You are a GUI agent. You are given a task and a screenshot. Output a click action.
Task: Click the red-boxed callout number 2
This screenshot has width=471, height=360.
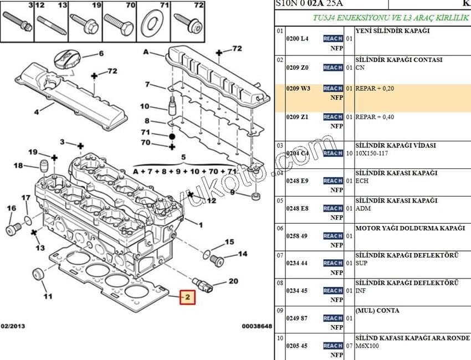[187, 298]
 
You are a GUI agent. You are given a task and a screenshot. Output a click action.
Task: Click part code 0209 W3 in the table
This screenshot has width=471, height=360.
[298, 88]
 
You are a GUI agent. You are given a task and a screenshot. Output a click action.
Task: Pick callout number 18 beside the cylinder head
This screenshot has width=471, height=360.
[18, 165]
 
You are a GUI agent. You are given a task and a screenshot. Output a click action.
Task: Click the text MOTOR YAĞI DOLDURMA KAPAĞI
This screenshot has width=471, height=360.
[409, 228]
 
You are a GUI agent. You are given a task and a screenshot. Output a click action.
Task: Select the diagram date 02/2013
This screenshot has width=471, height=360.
[12, 326]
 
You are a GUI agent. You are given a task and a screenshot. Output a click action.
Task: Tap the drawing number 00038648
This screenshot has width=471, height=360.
[257, 326]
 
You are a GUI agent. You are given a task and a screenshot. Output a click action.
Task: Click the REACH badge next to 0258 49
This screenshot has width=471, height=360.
[332, 236]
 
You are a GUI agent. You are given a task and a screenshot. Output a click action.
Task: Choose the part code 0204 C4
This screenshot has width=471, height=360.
[298, 153]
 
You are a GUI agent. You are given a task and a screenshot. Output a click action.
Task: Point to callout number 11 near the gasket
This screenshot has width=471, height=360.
[48, 296]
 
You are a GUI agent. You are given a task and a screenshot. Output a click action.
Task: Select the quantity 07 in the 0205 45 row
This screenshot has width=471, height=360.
[349, 346]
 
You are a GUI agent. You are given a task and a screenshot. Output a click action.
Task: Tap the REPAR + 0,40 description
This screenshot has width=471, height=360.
[375, 117]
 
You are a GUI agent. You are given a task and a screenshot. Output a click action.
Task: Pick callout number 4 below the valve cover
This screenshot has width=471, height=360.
[37, 111]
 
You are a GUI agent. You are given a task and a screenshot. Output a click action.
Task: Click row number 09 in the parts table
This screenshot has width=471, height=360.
[280, 311]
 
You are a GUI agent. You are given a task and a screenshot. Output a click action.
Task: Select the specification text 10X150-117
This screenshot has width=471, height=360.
[373, 153]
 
